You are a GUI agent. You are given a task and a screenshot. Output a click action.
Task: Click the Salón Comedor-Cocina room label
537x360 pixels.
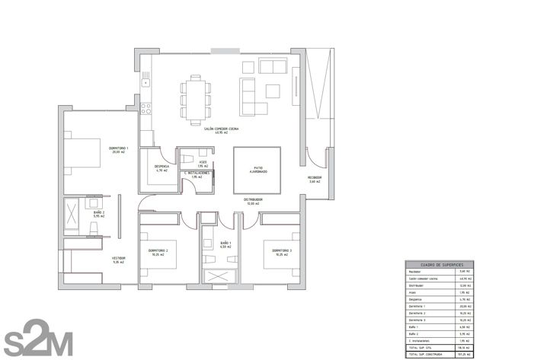click(x=221, y=129)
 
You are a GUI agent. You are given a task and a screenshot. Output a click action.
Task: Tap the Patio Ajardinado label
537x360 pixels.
click(x=256, y=171)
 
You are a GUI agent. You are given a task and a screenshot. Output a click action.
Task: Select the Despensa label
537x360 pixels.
click(x=161, y=167)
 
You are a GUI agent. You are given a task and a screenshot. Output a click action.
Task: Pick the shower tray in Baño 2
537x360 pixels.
click(x=75, y=214)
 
